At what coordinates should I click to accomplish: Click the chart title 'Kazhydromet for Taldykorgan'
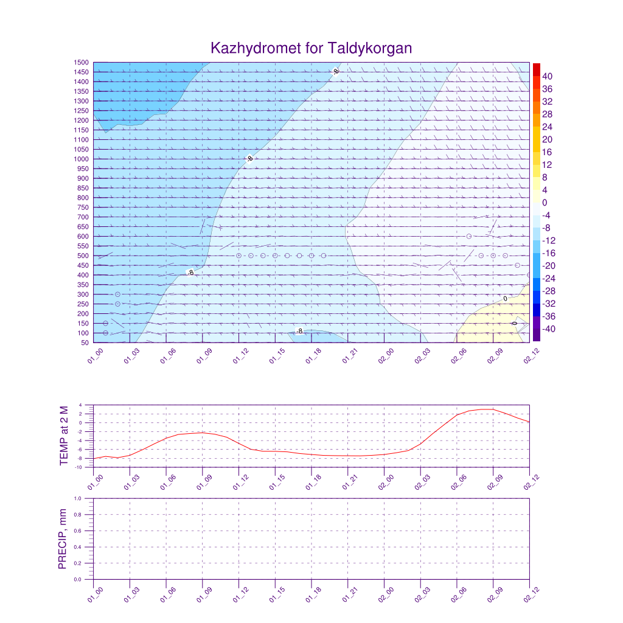311,48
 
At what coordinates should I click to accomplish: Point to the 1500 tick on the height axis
82,63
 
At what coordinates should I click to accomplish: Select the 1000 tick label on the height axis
82,159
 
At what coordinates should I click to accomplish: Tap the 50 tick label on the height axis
85,343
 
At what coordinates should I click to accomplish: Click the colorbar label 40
547,76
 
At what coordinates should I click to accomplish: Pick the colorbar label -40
547,329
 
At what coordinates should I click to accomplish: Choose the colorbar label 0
545,203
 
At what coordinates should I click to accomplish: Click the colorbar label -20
547,266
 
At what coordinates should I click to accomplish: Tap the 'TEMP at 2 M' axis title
64,436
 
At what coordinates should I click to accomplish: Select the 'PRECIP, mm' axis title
62,539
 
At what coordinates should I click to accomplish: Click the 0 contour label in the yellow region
505,299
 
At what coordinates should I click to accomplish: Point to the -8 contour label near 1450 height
336,72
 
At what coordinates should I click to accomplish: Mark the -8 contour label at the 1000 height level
249,159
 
